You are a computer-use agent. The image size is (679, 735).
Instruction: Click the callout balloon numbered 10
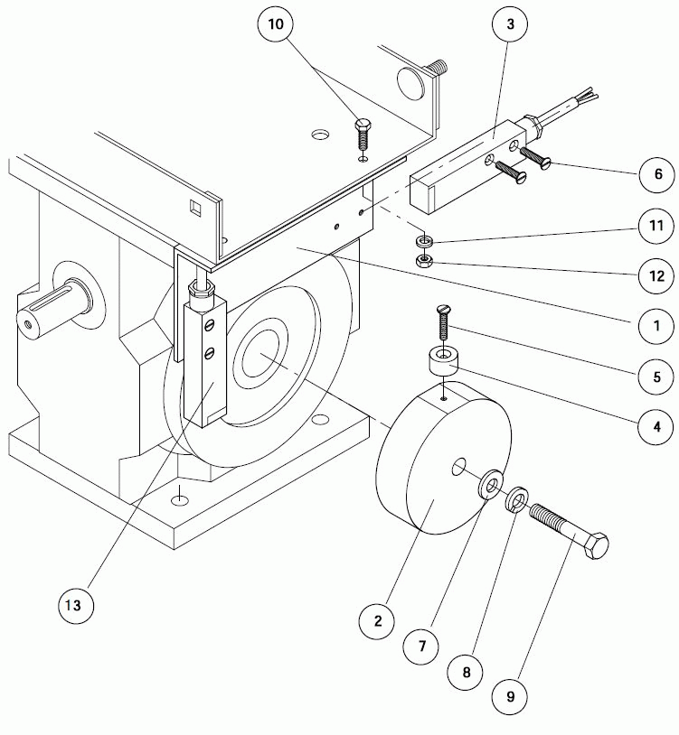tap(276, 25)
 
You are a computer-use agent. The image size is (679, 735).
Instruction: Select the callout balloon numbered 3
tap(511, 25)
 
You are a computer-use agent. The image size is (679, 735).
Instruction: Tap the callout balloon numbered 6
tap(657, 172)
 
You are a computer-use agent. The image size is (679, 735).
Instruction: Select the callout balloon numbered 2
tap(378, 620)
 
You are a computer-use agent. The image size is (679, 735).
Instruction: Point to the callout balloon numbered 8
tap(467, 672)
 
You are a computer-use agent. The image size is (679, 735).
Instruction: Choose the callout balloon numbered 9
tap(510, 697)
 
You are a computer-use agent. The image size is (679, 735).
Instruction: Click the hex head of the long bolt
tap(595, 545)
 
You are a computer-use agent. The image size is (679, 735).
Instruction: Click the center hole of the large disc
tap(459, 467)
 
